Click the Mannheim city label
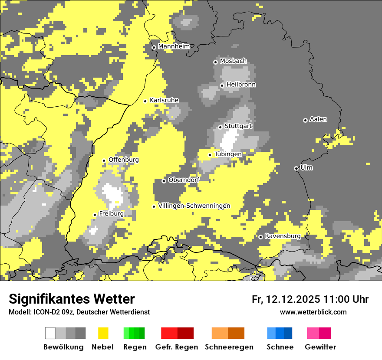pyautogui.click(x=174, y=46)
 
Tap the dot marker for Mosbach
pyautogui.click(x=215, y=62)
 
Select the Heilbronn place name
pyautogui.click(x=241, y=85)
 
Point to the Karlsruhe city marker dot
pyautogui.click(x=145, y=101)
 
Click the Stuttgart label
pyautogui.click(x=238, y=126)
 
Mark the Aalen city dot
pyautogui.click(x=305, y=120)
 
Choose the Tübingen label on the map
pyautogui.click(x=228, y=154)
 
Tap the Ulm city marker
pyautogui.click(x=296, y=168)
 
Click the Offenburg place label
pyautogui.click(x=123, y=160)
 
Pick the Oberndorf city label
pyautogui.click(x=184, y=180)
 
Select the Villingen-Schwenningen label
pyautogui.click(x=194, y=206)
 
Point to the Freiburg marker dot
pyautogui.click(x=95, y=215)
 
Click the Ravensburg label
pyautogui.click(x=282, y=236)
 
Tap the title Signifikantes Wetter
pyautogui.click(x=72, y=299)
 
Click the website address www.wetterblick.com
pyautogui.click(x=313, y=312)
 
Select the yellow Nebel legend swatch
pyautogui.click(x=103, y=333)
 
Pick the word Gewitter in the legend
pyautogui.click(x=320, y=347)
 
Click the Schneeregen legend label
pyautogui.click(x=229, y=347)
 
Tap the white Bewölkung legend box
pyautogui.click(x=50, y=333)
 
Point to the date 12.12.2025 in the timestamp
pyautogui.click(x=293, y=299)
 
